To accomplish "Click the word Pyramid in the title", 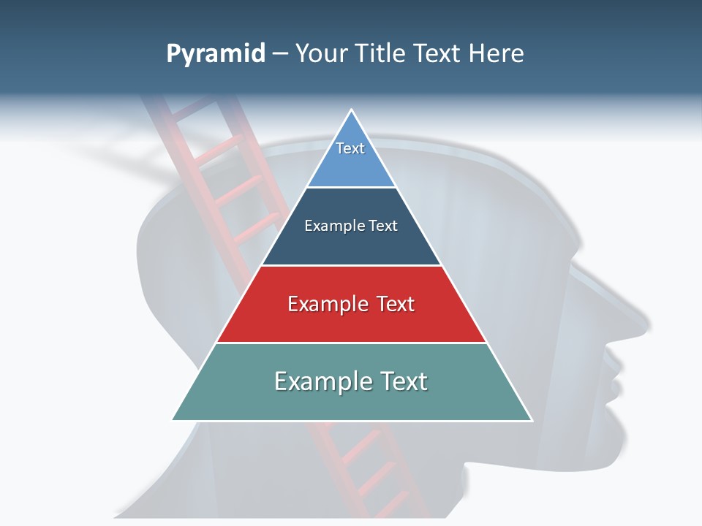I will pyautogui.click(x=215, y=54).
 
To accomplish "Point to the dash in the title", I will pyautogui.click(x=280, y=54).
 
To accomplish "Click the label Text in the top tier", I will pyautogui.click(x=350, y=148).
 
